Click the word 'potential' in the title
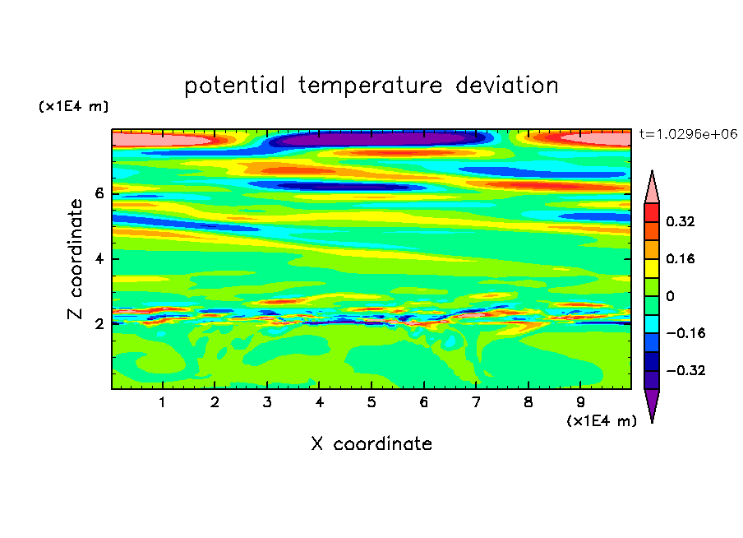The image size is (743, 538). coord(234,86)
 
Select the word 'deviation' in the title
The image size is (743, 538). coord(507,86)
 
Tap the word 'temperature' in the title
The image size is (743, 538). coord(371,86)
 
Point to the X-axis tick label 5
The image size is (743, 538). coord(371,402)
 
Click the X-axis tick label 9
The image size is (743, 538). coord(580,402)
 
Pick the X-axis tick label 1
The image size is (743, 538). coord(163,402)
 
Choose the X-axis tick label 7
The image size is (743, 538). coord(476,402)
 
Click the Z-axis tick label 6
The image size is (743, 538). coord(99,193)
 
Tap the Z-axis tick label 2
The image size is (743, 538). coord(99,324)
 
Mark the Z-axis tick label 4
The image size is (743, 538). coord(99,259)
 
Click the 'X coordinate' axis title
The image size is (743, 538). coord(371,443)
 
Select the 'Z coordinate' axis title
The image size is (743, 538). coord(76,259)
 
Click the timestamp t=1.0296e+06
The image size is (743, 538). coord(689,134)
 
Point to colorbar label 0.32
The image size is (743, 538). coord(681,221)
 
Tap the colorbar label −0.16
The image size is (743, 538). coord(685,333)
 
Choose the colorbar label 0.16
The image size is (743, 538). coord(681,258)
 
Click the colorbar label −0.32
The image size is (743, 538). coord(685,370)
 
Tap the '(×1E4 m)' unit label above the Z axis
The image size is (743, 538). coord(73,106)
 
